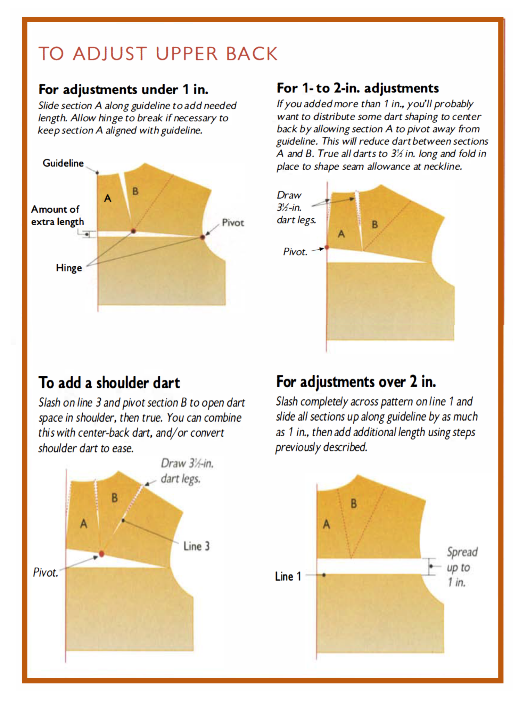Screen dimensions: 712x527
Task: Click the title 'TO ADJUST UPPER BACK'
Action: click(158, 54)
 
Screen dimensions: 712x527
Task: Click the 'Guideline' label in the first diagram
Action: click(63, 163)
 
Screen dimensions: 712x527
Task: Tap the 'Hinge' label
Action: click(69, 268)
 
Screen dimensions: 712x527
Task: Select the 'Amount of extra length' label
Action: click(58, 216)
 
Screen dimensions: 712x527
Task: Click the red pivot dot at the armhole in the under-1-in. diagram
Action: click(203, 237)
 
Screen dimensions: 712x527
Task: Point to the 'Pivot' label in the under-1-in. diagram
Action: click(233, 223)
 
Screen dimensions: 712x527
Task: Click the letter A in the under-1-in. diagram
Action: click(108, 198)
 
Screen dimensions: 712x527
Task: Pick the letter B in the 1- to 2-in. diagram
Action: click(374, 224)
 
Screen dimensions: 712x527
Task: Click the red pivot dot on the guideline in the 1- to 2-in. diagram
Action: click(327, 248)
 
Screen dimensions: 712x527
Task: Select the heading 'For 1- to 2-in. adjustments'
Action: click(357, 88)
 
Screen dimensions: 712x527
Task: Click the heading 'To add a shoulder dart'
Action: click(109, 383)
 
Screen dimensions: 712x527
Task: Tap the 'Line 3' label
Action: click(196, 546)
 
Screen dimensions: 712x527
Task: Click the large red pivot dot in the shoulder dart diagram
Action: click(101, 554)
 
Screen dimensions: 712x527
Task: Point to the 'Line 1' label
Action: click(288, 576)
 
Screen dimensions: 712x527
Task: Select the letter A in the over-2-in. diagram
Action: click(326, 524)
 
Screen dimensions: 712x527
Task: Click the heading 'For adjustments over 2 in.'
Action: click(356, 382)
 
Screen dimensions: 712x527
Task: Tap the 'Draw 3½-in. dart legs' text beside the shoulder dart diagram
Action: click(187, 471)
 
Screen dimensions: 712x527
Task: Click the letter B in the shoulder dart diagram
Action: click(115, 498)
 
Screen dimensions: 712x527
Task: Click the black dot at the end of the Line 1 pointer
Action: click(324, 575)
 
